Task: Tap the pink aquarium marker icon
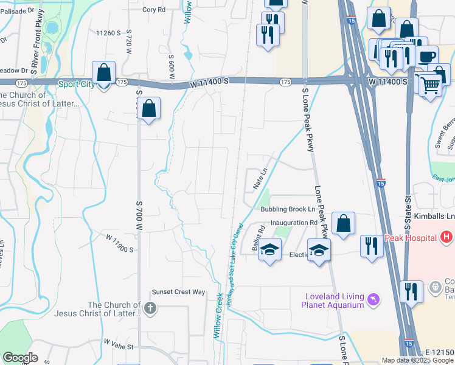(x=372, y=300)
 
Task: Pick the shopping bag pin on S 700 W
(x=148, y=109)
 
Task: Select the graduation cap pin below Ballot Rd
(x=270, y=251)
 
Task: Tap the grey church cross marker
(x=151, y=308)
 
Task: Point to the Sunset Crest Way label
(x=178, y=292)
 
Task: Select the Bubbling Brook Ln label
(x=288, y=209)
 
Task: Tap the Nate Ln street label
(x=260, y=179)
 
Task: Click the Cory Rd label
(x=154, y=10)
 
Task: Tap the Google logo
(x=20, y=357)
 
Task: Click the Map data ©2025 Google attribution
(x=417, y=360)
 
